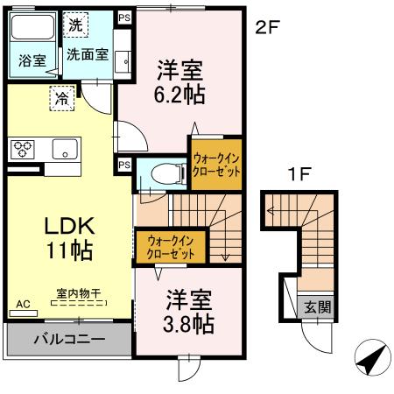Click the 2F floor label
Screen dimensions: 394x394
[x=266, y=26]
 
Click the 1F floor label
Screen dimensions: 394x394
[x=299, y=174]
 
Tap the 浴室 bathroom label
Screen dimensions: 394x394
[x=30, y=61]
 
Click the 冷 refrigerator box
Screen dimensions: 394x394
[x=63, y=98]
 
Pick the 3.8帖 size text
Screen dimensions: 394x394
[x=191, y=324]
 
